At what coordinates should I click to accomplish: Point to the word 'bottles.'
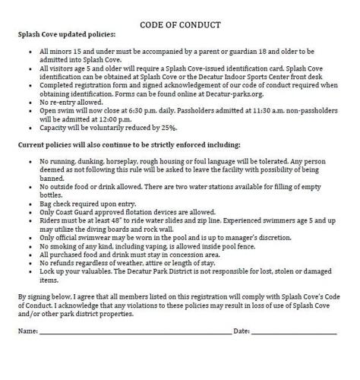coord(52,201)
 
